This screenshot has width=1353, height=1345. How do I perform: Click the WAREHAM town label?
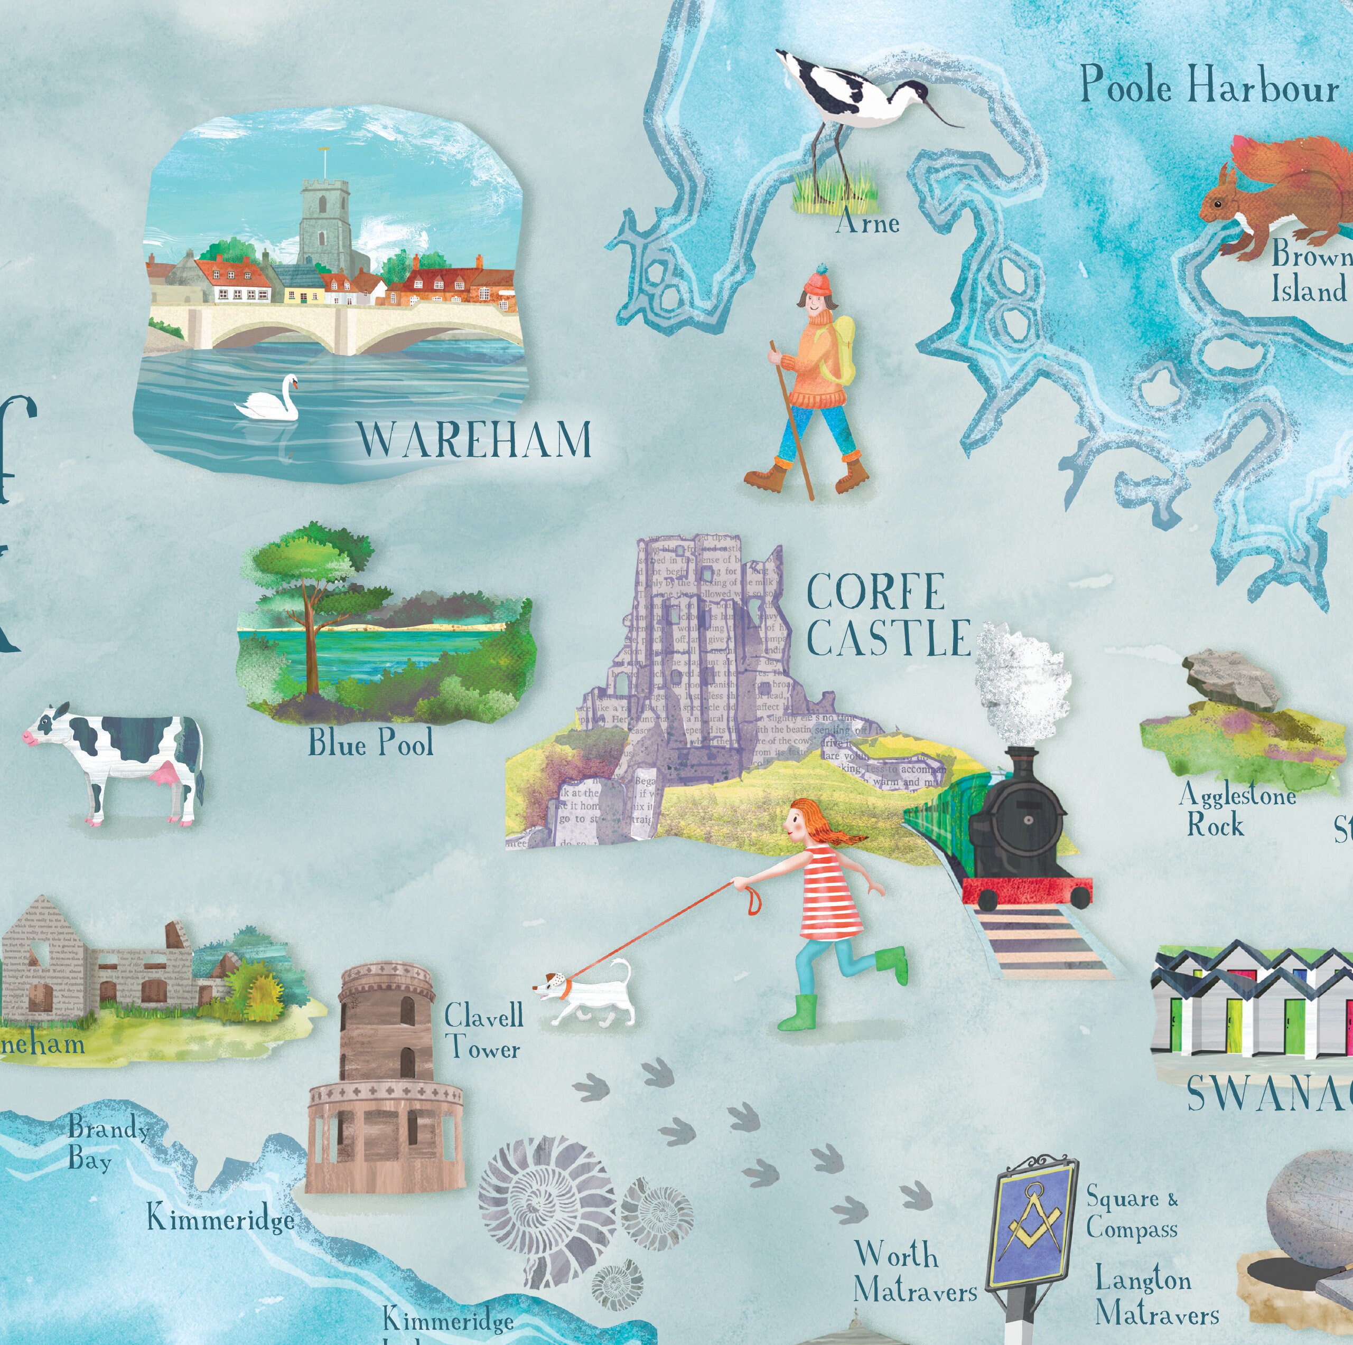[x=474, y=440]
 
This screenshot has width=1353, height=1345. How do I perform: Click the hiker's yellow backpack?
[x=841, y=350]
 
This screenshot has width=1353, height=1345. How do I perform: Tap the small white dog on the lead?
[x=588, y=995]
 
